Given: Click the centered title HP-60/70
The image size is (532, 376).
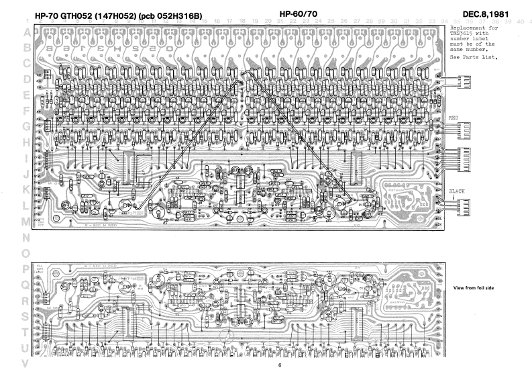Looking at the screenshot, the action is click(x=299, y=14).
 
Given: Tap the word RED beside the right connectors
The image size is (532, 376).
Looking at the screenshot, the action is click(x=454, y=117).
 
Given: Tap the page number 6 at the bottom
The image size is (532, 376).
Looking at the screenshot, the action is click(x=280, y=366).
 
